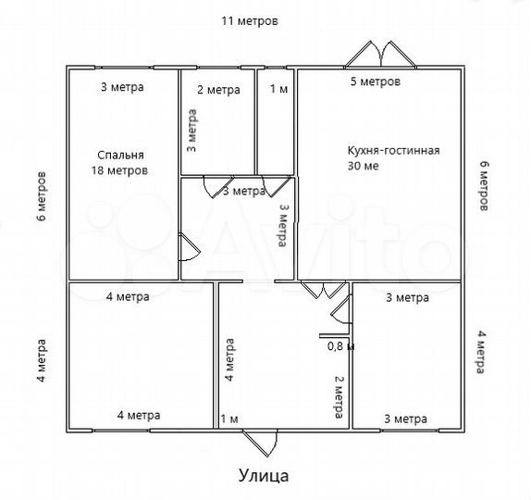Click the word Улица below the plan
point(264,477)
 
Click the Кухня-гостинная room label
point(392,158)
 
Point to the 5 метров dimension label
point(375,82)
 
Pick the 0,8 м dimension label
point(341,346)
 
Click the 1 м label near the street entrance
point(229,419)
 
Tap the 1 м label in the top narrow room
point(278,90)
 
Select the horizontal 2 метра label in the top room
point(218,90)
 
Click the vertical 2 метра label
point(339,396)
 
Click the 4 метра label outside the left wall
point(42,365)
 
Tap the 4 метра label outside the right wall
point(481,350)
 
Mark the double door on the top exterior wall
point(379,54)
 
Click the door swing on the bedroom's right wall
point(188,246)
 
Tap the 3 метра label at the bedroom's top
point(122,88)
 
